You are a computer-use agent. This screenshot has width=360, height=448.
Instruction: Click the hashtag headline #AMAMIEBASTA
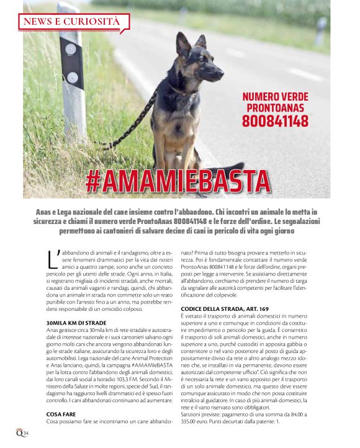coord(178,181)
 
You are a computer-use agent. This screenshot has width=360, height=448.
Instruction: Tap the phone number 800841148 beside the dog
coord(274,121)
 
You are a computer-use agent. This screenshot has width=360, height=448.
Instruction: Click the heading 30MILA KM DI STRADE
coord(76,323)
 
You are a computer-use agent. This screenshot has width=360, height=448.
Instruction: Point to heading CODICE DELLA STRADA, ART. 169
coord(224,308)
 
